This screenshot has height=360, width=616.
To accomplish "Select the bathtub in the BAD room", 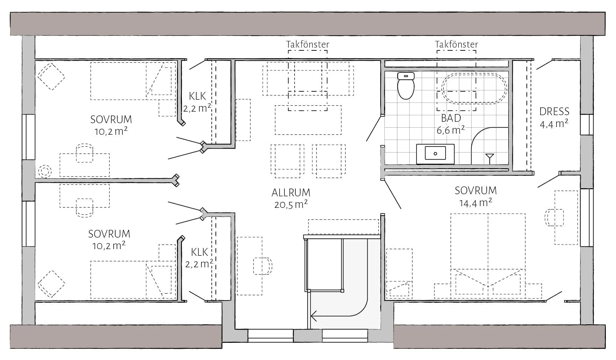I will tap(474, 89).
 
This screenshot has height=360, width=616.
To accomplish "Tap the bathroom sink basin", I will tap(435, 154).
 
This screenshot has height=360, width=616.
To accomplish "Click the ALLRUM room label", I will tap(291, 193).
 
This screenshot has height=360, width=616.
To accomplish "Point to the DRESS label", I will tap(554, 112).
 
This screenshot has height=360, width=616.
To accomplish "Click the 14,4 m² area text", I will tap(475, 203).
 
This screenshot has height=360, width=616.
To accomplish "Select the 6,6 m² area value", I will tap(451, 130).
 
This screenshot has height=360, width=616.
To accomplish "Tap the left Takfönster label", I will tap(307, 44).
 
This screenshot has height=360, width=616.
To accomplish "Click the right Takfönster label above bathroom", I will tap(456, 44).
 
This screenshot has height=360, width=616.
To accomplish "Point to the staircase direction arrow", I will tap(314, 316).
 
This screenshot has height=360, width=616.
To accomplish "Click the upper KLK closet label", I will tap(197, 96).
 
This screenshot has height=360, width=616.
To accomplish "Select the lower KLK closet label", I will tap(199, 252).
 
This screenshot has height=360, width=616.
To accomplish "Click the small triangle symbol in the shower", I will tap(489, 157).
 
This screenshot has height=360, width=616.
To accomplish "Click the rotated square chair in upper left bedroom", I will tap(51, 77).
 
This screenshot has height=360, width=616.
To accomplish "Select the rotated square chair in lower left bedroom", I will tap(51, 284).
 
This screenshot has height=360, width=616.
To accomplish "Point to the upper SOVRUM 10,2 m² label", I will tap(111, 125).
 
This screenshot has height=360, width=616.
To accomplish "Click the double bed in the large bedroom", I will tap(488, 255).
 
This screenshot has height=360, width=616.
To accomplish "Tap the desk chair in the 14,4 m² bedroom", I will tap(554, 217).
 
